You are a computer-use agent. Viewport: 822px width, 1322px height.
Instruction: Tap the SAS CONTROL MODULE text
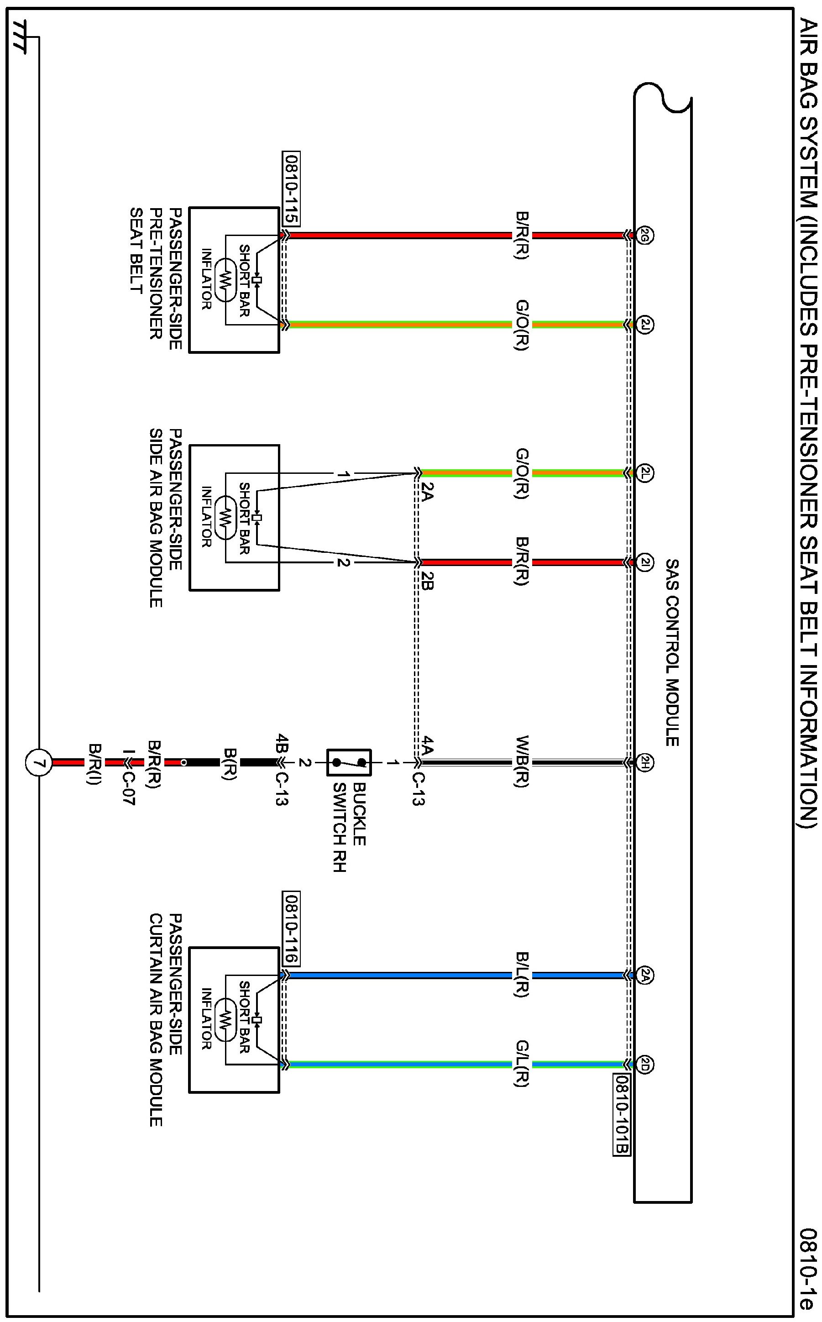point(672,652)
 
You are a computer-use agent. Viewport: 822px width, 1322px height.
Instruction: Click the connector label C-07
point(128,783)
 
